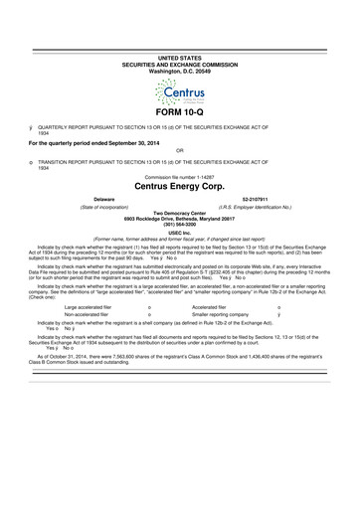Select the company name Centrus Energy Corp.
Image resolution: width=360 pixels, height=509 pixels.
pyautogui.click(x=179, y=185)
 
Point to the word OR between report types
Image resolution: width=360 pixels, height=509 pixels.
pyautogui.click(x=179, y=148)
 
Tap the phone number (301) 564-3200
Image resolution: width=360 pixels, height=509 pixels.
pyautogui.click(x=179, y=226)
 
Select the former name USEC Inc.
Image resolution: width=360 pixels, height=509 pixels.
pyautogui.click(x=179, y=233)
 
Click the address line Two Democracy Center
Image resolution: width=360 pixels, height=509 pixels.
pyautogui.click(x=179, y=214)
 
